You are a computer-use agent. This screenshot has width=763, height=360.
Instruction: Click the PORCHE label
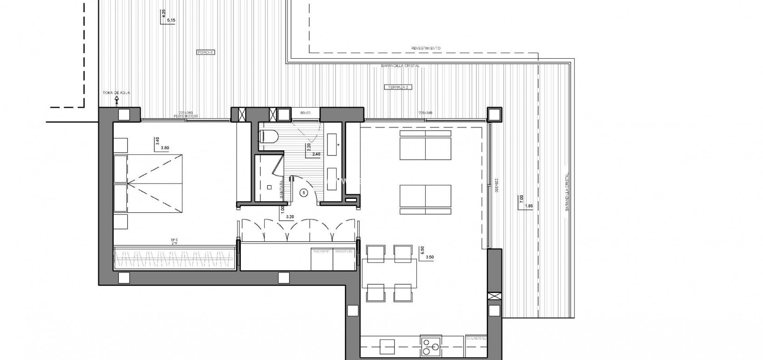[206, 53]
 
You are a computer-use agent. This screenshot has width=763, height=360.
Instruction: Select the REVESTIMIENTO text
[426, 48]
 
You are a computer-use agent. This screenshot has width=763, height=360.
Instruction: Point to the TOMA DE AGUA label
[116, 93]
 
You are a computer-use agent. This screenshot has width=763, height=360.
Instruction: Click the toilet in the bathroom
[268, 136]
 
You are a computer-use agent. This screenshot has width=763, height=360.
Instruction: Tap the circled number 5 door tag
[304, 192]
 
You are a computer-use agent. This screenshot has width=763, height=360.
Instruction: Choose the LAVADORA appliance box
[322, 259]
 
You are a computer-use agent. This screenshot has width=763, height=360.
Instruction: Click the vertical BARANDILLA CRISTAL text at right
[567, 191]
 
